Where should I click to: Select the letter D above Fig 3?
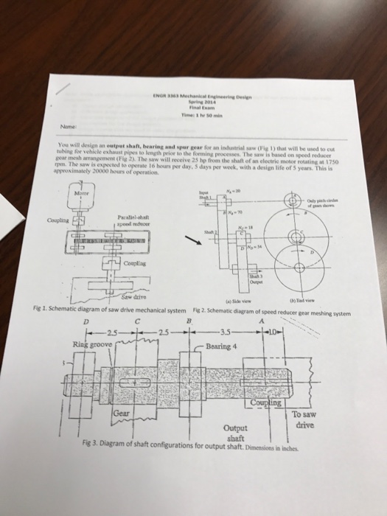tap(71, 321)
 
